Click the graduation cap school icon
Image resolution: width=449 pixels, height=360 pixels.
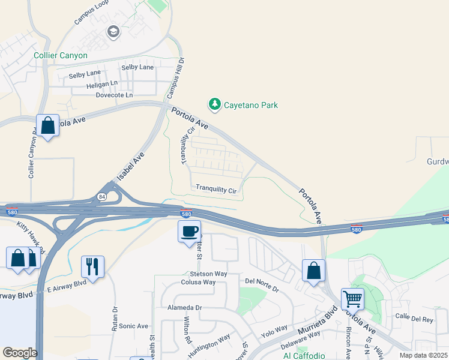(x=113, y=31)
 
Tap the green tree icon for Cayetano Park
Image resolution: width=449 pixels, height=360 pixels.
(x=214, y=104)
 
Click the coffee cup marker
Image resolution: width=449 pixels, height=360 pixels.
(x=189, y=231)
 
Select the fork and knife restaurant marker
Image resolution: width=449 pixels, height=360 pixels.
(x=92, y=266)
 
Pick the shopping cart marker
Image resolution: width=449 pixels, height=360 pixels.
(x=352, y=298)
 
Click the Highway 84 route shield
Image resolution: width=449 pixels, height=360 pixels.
(x=101, y=196)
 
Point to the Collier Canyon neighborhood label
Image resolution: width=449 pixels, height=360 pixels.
(x=61, y=55)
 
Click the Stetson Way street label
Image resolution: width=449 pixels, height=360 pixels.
(x=209, y=274)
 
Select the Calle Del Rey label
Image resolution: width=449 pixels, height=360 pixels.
(x=414, y=319)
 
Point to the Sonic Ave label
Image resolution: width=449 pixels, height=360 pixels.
(x=133, y=326)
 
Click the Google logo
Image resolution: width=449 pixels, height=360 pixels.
(x=19, y=353)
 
